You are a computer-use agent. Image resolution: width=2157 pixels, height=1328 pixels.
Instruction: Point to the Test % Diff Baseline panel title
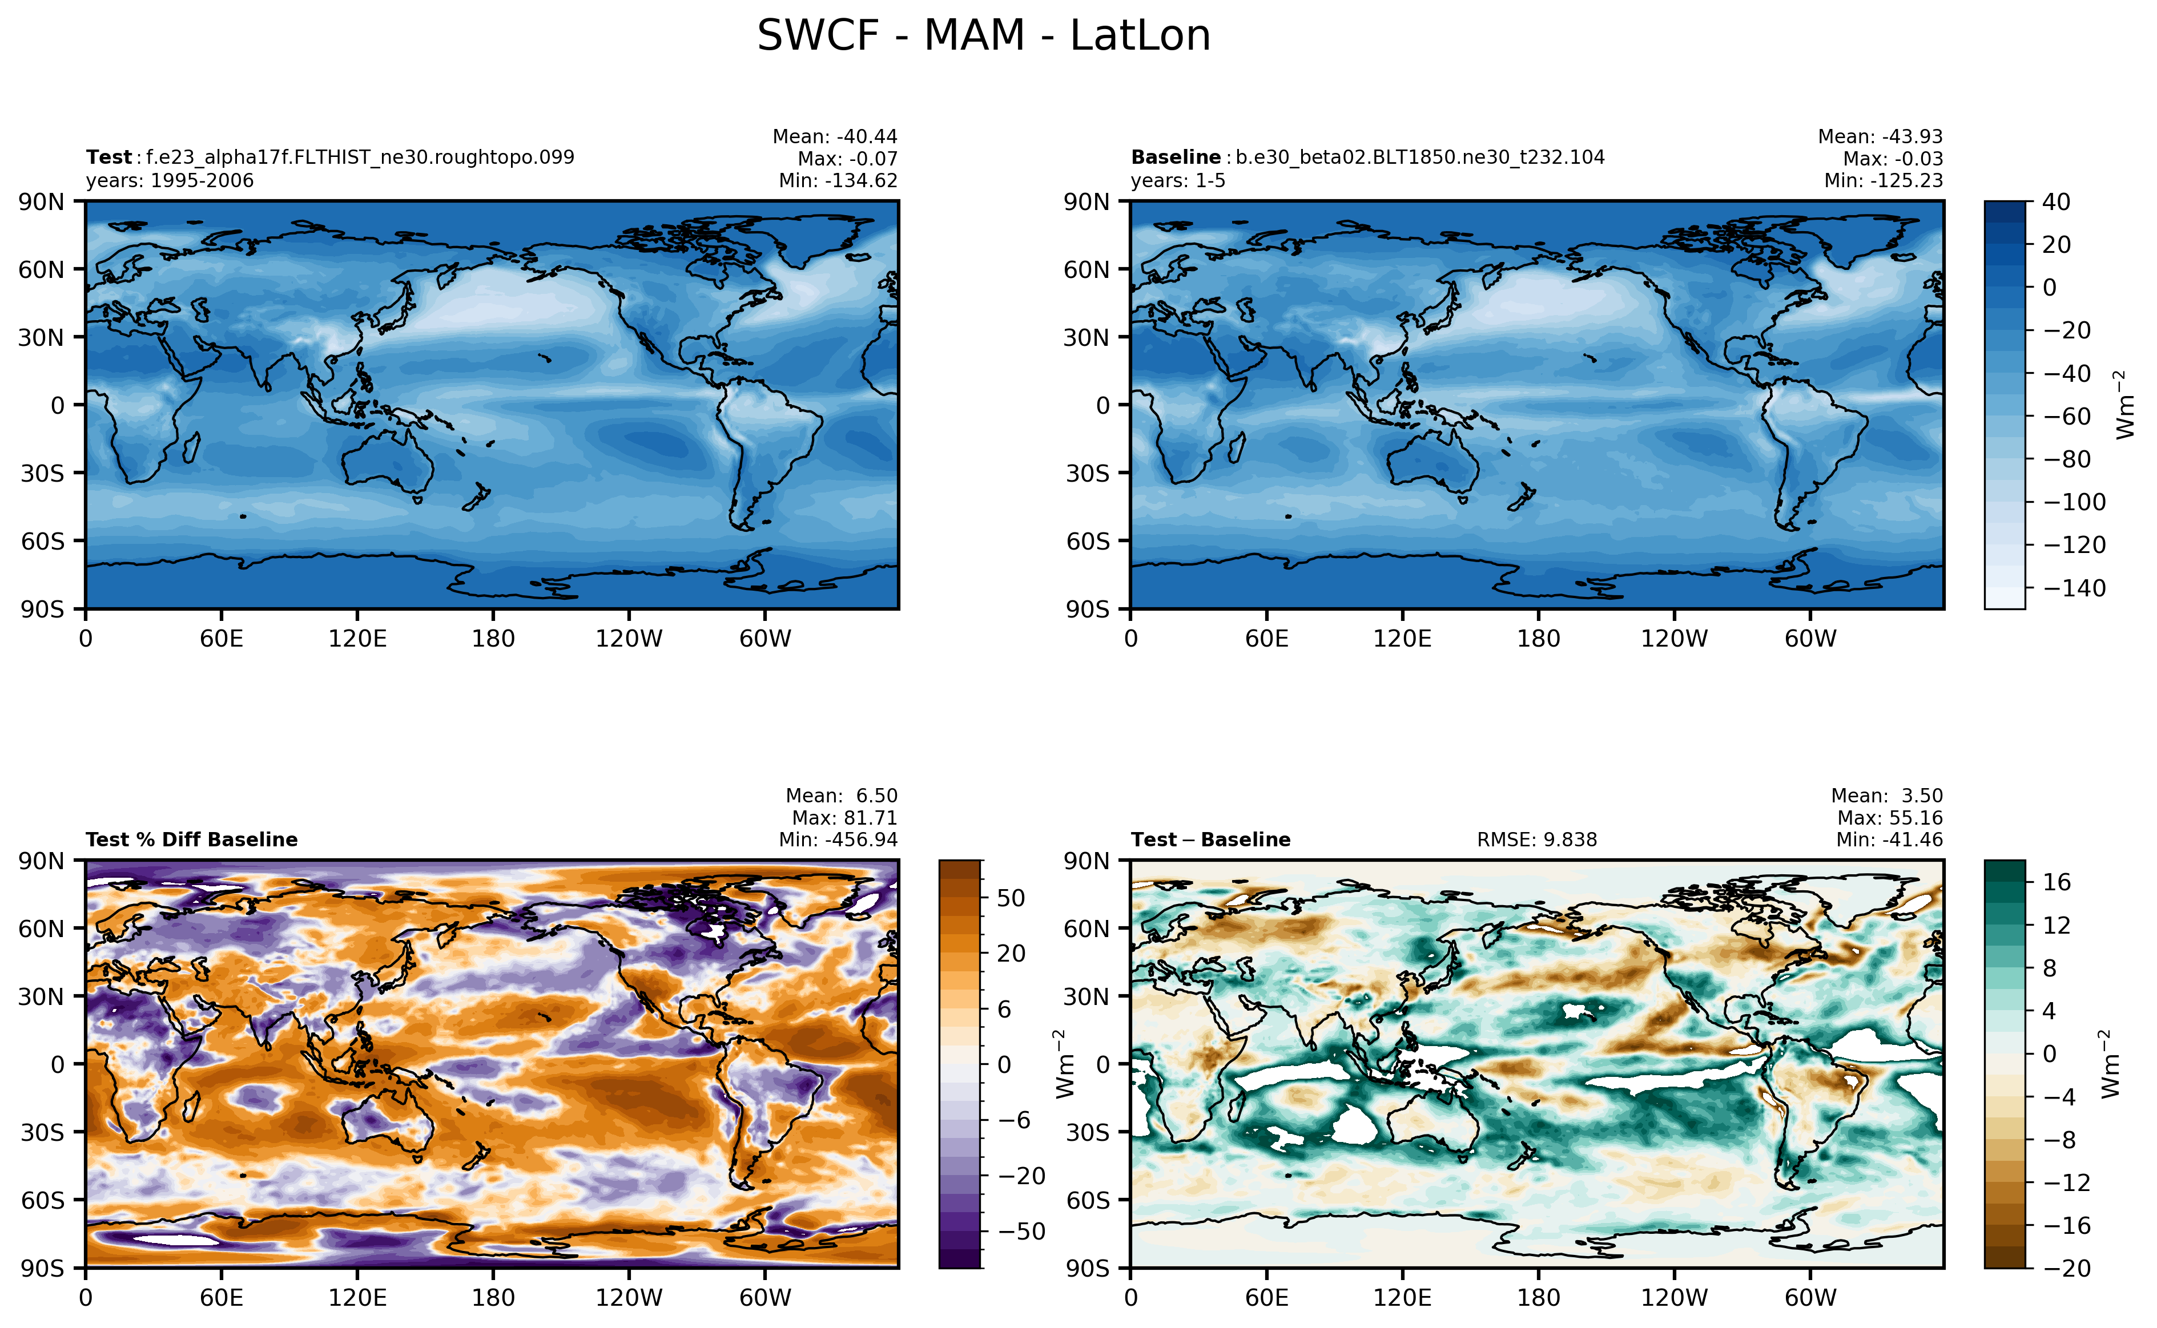click(191, 839)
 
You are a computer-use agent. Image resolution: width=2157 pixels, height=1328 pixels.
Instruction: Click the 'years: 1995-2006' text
click(170, 181)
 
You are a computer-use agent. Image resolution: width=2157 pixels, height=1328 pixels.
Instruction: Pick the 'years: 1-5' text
click(1177, 181)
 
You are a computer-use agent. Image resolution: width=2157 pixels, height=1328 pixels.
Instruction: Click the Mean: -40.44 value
click(835, 137)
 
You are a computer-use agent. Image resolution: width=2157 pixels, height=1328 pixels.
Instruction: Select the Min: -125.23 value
click(1883, 181)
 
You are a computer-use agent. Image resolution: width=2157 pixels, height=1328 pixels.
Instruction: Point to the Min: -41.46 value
click(1889, 839)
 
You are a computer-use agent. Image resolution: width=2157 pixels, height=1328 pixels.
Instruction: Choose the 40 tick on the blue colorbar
click(2056, 202)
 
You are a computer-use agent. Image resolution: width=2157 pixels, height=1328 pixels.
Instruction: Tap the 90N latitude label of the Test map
click(41, 202)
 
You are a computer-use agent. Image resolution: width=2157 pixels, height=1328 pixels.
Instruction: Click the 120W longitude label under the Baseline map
click(1674, 639)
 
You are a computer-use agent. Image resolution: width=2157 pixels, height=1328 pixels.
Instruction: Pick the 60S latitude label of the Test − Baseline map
click(1088, 1200)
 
